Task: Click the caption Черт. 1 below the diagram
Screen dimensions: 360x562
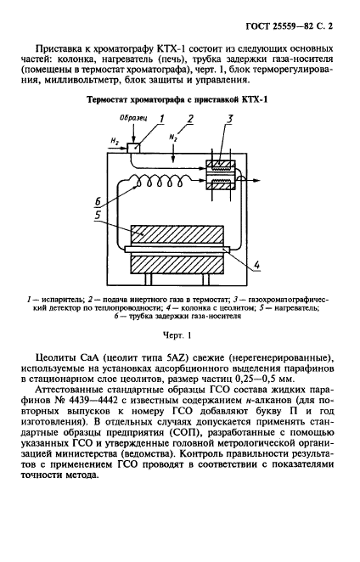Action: (x=180, y=335)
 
